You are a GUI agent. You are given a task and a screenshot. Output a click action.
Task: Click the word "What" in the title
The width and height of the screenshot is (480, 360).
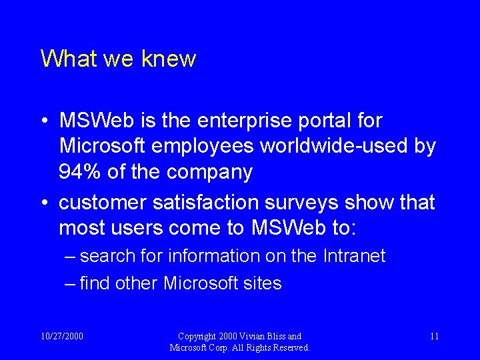tap(62, 59)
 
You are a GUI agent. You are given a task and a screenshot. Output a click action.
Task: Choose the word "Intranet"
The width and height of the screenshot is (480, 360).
tap(354, 256)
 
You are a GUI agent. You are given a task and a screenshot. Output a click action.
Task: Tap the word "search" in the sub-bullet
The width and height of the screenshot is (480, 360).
tap(107, 256)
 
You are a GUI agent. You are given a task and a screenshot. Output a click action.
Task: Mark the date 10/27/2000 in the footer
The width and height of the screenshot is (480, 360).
tap(62, 336)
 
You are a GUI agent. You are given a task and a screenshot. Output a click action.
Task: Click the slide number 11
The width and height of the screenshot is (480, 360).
tap(434, 336)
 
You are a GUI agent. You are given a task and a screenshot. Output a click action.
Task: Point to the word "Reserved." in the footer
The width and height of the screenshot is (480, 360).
tap(289, 347)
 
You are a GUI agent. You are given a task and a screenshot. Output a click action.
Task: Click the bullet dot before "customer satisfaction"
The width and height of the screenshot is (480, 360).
tap(43, 203)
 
